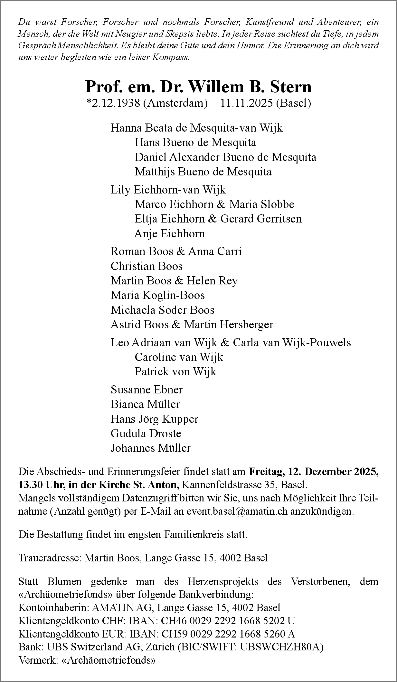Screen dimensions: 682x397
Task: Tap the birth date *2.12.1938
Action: point(113,103)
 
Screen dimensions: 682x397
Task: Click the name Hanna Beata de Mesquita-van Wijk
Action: point(196,128)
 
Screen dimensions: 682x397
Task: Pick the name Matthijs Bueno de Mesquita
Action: point(203,172)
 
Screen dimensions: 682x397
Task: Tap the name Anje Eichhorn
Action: point(169,233)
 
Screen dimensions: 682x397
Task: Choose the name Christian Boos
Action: point(147,266)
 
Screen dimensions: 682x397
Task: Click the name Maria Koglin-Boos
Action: point(157,295)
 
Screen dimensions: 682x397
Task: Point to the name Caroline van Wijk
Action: point(179,357)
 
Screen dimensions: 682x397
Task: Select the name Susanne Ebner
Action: point(147,390)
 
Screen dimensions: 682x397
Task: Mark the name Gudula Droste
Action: point(146,433)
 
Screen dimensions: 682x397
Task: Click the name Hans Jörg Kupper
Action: point(154,419)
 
